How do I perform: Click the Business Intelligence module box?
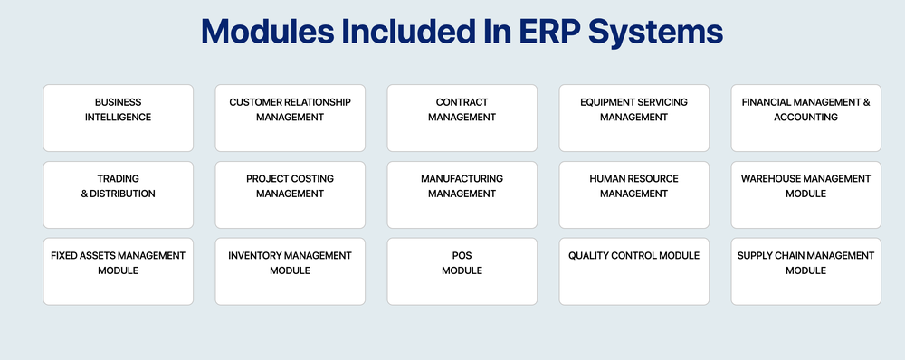(118, 118)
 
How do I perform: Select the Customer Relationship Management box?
(290, 118)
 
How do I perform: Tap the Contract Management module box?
(462, 118)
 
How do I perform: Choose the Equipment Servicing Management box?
(633, 118)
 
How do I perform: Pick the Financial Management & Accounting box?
(805, 118)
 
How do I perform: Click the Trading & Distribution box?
(118, 194)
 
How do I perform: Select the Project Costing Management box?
(290, 194)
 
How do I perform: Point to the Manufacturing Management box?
(462, 194)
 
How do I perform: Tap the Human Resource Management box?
(633, 194)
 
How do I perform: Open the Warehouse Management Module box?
(805, 194)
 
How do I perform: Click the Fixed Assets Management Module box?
(118, 271)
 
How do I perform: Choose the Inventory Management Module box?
(290, 271)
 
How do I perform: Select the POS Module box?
(462, 271)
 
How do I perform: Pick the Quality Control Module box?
(633, 271)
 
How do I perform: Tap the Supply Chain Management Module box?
(805, 271)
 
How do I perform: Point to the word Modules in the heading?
(263, 33)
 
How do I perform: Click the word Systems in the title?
(654, 33)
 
